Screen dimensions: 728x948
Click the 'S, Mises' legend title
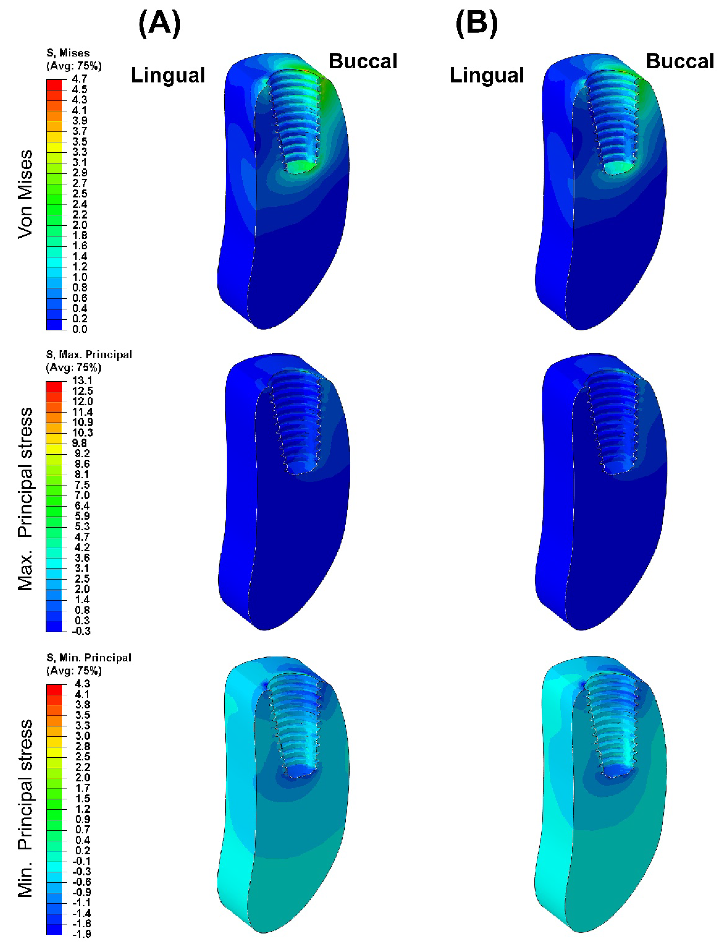click(68, 53)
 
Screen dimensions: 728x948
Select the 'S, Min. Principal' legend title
click(89, 658)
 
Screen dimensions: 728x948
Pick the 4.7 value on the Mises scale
click(80, 79)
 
